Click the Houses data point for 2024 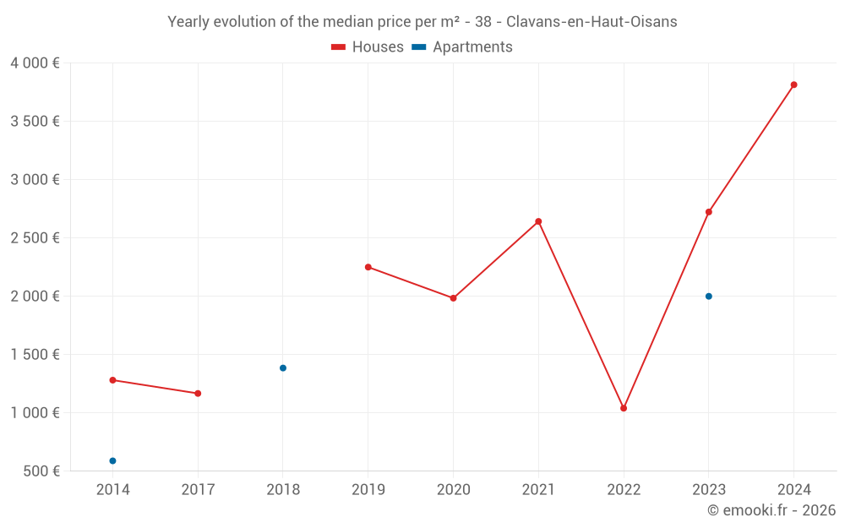point(793,84)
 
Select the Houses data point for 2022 point(624,408)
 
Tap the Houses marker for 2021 point(538,221)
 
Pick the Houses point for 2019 point(368,267)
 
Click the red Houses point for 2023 point(709,212)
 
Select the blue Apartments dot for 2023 point(709,297)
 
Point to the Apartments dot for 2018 point(283,368)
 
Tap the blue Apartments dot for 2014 point(112,461)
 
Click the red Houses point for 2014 point(112,380)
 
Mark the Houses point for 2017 point(198,394)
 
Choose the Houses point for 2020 point(453,298)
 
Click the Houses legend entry point(368,47)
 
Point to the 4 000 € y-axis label point(35,63)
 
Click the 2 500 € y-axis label point(35,238)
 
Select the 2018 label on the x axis point(283,490)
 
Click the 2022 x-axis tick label point(624,490)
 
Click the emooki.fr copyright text point(771,510)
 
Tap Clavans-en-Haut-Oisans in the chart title point(591,22)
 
